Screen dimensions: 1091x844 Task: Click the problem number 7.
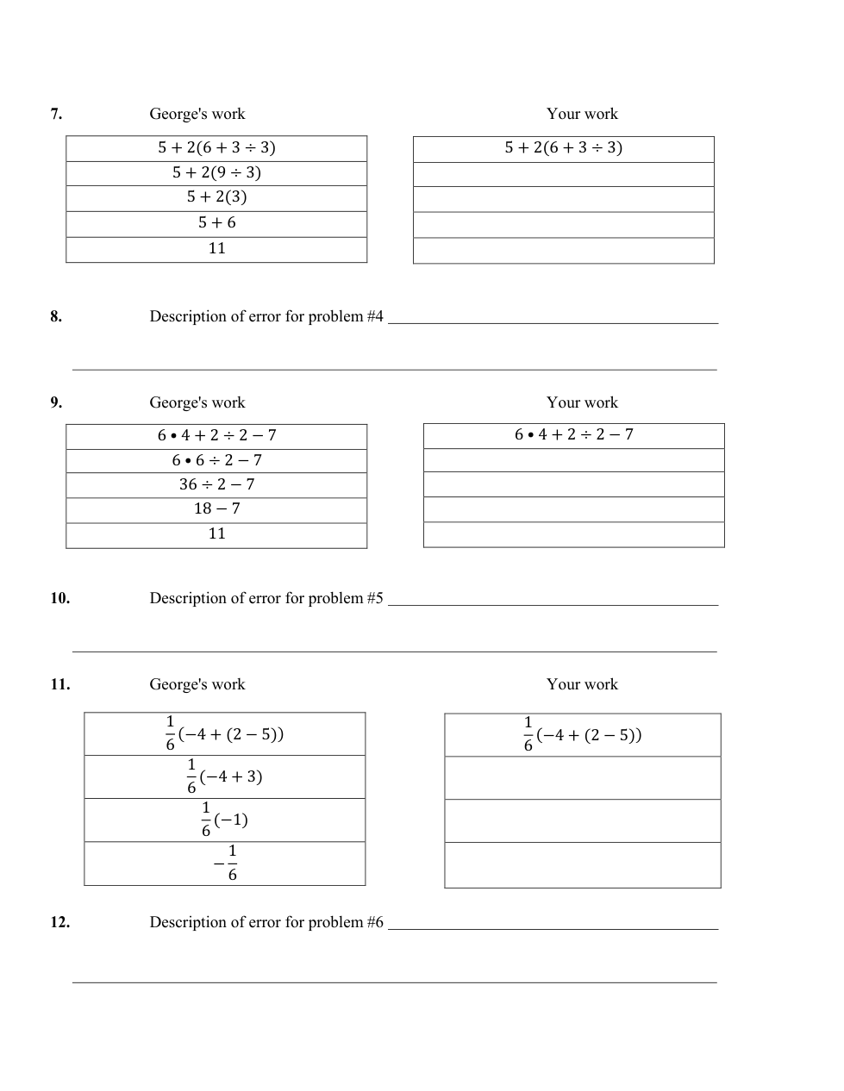pos(56,114)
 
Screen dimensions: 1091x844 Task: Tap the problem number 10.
pos(59,598)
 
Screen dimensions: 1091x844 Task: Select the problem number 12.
pos(59,922)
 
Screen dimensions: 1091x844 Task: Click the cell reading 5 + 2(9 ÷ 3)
pos(216,172)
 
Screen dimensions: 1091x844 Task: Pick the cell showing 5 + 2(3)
pos(216,197)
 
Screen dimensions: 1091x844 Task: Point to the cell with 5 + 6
pos(216,222)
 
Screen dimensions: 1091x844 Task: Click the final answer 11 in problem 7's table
pos(216,248)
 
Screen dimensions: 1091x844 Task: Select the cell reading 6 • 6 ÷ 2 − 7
pos(216,460)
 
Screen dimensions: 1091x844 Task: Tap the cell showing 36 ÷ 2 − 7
pos(216,484)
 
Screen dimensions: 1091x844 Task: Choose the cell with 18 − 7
pos(216,508)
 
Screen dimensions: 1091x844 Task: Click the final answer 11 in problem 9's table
pos(216,533)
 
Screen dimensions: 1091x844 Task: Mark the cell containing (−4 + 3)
pos(224,776)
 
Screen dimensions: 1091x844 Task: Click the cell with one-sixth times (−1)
pos(224,820)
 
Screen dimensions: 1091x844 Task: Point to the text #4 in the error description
pos(374,316)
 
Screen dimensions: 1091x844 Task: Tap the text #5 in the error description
pos(374,598)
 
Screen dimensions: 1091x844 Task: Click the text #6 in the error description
pos(374,922)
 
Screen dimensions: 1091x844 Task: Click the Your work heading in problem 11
pos(582,684)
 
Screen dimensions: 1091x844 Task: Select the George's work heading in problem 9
pos(197,402)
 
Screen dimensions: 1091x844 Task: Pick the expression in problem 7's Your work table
pos(563,147)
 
